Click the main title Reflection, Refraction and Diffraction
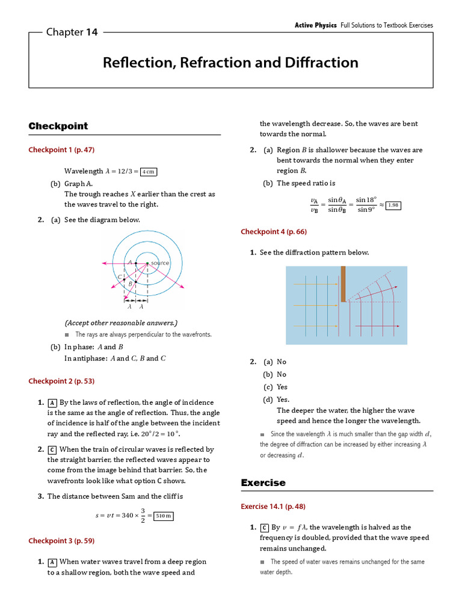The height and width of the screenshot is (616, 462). click(230, 63)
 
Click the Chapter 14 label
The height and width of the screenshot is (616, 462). click(72, 32)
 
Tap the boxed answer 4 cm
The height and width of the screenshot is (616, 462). click(148, 171)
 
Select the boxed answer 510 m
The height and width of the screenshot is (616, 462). click(163, 516)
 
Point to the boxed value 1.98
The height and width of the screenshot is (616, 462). click(392, 205)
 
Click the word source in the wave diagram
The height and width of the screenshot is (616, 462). click(160, 263)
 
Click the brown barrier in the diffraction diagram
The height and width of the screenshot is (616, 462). click(342, 284)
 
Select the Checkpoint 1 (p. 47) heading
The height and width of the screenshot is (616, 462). click(61, 150)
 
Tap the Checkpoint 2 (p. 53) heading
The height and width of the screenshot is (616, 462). click(61, 381)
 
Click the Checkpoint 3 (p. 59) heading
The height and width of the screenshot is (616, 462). click(61, 541)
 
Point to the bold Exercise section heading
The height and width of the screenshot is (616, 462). click(263, 482)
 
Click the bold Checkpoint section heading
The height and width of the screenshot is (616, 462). click(58, 126)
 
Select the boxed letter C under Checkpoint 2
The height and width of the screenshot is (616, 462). click(52, 449)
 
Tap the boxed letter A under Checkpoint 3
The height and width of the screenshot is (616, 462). click(52, 562)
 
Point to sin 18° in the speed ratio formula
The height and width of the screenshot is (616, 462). click(366, 200)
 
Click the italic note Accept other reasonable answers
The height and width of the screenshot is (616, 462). click(121, 322)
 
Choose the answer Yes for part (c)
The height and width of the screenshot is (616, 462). click(282, 387)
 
